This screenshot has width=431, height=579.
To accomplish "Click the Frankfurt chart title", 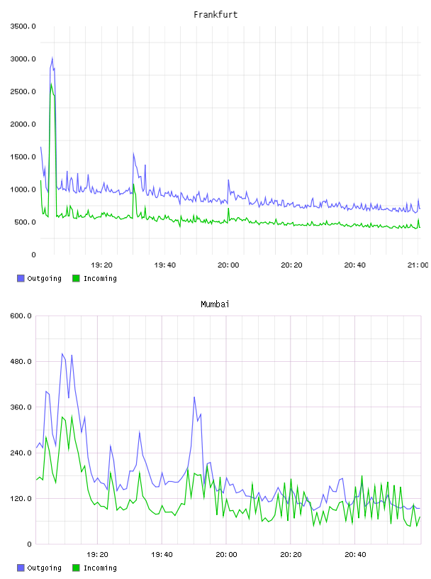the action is point(216,14).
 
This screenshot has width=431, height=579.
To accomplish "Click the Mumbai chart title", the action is point(215,304).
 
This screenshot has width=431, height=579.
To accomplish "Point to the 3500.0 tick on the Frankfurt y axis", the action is point(23,26).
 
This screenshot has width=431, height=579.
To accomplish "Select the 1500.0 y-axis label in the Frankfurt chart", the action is point(23,157).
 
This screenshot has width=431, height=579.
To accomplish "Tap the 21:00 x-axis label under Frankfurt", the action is point(418,265).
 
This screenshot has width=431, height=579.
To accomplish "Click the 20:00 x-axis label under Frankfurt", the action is point(228,265).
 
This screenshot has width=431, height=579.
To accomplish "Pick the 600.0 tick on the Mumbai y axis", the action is point(21,316).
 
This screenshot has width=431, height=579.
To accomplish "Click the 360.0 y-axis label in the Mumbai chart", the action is point(21,407).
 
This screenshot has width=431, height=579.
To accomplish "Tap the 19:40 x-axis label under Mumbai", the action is point(162,554).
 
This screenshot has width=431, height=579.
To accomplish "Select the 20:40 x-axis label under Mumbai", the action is point(355,554).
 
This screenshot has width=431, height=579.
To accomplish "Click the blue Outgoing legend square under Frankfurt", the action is point(21,278).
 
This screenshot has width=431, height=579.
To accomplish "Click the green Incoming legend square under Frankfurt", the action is point(76,278).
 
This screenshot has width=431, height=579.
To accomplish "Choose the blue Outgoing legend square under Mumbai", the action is point(21,568).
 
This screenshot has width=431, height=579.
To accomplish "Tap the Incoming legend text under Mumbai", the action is point(100,568).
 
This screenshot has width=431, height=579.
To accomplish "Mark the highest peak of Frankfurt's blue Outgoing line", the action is point(52,57).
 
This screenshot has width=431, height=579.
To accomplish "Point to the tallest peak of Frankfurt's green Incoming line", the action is point(51,84).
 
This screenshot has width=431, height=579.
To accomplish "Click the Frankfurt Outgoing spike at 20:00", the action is point(228,180).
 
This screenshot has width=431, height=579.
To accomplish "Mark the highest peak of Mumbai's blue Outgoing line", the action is point(62,354).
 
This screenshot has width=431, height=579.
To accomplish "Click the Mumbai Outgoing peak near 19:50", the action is point(194,397).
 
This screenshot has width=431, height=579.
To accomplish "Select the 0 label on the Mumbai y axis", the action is point(29,544).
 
